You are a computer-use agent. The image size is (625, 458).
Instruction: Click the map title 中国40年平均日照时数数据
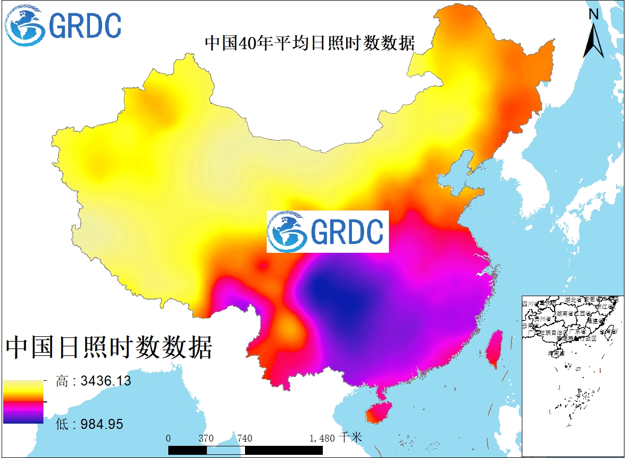(x=310, y=43)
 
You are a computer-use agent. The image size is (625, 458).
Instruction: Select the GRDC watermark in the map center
(x=328, y=232)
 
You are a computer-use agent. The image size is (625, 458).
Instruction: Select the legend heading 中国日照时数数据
(x=109, y=347)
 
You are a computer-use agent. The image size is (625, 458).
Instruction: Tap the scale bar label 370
(x=206, y=438)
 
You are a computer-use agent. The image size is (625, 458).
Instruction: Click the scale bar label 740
(x=244, y=438)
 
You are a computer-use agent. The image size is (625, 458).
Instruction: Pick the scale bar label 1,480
(x=322, y=438)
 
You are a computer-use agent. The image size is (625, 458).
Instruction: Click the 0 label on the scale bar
(x=168, y=438)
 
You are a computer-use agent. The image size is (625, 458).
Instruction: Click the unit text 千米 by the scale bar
(x=351, y=438)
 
